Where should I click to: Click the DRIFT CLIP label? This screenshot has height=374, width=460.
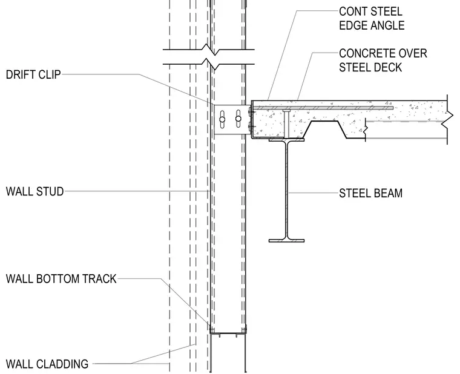(x=33, y=74)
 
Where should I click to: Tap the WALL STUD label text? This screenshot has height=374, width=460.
(x=35, y=192)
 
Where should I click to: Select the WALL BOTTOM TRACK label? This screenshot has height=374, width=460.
(x=61, y=278)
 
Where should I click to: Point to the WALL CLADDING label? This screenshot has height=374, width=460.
(x=47, y=364)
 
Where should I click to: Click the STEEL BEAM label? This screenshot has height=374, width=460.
(x=371, y=193)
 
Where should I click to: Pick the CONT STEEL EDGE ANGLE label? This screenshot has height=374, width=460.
(x=372, y=19)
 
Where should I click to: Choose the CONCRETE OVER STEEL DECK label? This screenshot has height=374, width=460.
(x=383, y=61)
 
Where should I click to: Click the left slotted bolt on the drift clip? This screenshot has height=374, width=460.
(x=222, y=119)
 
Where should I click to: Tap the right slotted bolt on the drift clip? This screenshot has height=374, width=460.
(x=238, y=119)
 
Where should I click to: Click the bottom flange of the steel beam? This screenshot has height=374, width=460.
(x=287, y=241)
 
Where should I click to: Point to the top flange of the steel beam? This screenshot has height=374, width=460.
(x=287, y=140)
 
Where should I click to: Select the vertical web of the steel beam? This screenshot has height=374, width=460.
(x=287, y=190)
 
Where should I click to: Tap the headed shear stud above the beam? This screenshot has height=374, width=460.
(x=287, y=123)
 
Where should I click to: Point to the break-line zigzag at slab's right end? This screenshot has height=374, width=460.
(x=447, y=119)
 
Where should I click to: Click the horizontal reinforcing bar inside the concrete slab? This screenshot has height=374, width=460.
(x=323, y=108)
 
